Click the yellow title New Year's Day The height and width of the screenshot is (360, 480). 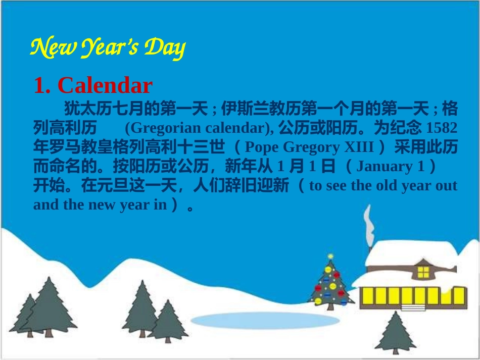point(108,48)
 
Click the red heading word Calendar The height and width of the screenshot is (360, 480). point(105,86)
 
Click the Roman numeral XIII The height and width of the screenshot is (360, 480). point(359,147)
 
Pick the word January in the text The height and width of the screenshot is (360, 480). point(385,166)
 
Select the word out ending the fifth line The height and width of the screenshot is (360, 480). point(446,186)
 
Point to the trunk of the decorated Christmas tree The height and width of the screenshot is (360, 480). point(330,305)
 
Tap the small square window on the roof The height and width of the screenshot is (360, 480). point(423,272)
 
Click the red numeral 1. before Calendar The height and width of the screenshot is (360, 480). point(42,86)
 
